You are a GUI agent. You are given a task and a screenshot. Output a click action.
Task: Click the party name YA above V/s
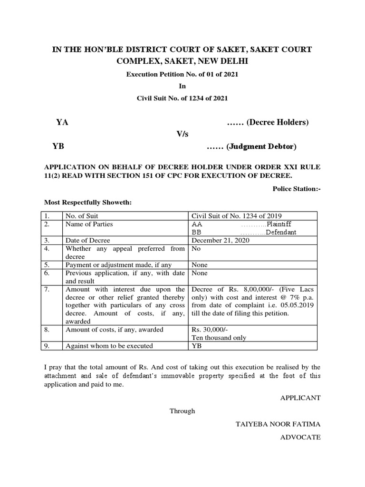point(62,122)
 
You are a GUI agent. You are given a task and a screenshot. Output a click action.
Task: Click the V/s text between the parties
point(182,134)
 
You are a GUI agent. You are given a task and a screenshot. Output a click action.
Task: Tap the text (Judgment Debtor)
point(261,146)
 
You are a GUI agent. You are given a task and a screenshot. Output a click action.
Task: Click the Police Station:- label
point(297,189)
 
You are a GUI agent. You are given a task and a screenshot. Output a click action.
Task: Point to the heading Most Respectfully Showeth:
point(87,203)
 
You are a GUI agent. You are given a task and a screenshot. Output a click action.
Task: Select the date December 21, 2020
point(220,241)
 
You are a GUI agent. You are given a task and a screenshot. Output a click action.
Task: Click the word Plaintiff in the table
point(281,224)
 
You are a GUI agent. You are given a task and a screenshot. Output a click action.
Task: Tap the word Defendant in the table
point(281,232)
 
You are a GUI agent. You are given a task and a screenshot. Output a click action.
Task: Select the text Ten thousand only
point(219,338)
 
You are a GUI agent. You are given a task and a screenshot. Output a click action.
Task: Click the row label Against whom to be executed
point(109,346)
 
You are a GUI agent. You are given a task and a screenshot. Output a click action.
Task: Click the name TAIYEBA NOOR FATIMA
point(278,424)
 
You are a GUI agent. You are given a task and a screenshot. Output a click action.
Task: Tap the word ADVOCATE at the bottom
point(302,437)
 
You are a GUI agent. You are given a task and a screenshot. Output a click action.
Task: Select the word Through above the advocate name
point(182,411)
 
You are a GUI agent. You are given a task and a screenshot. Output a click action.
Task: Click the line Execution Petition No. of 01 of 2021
point(182,75)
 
